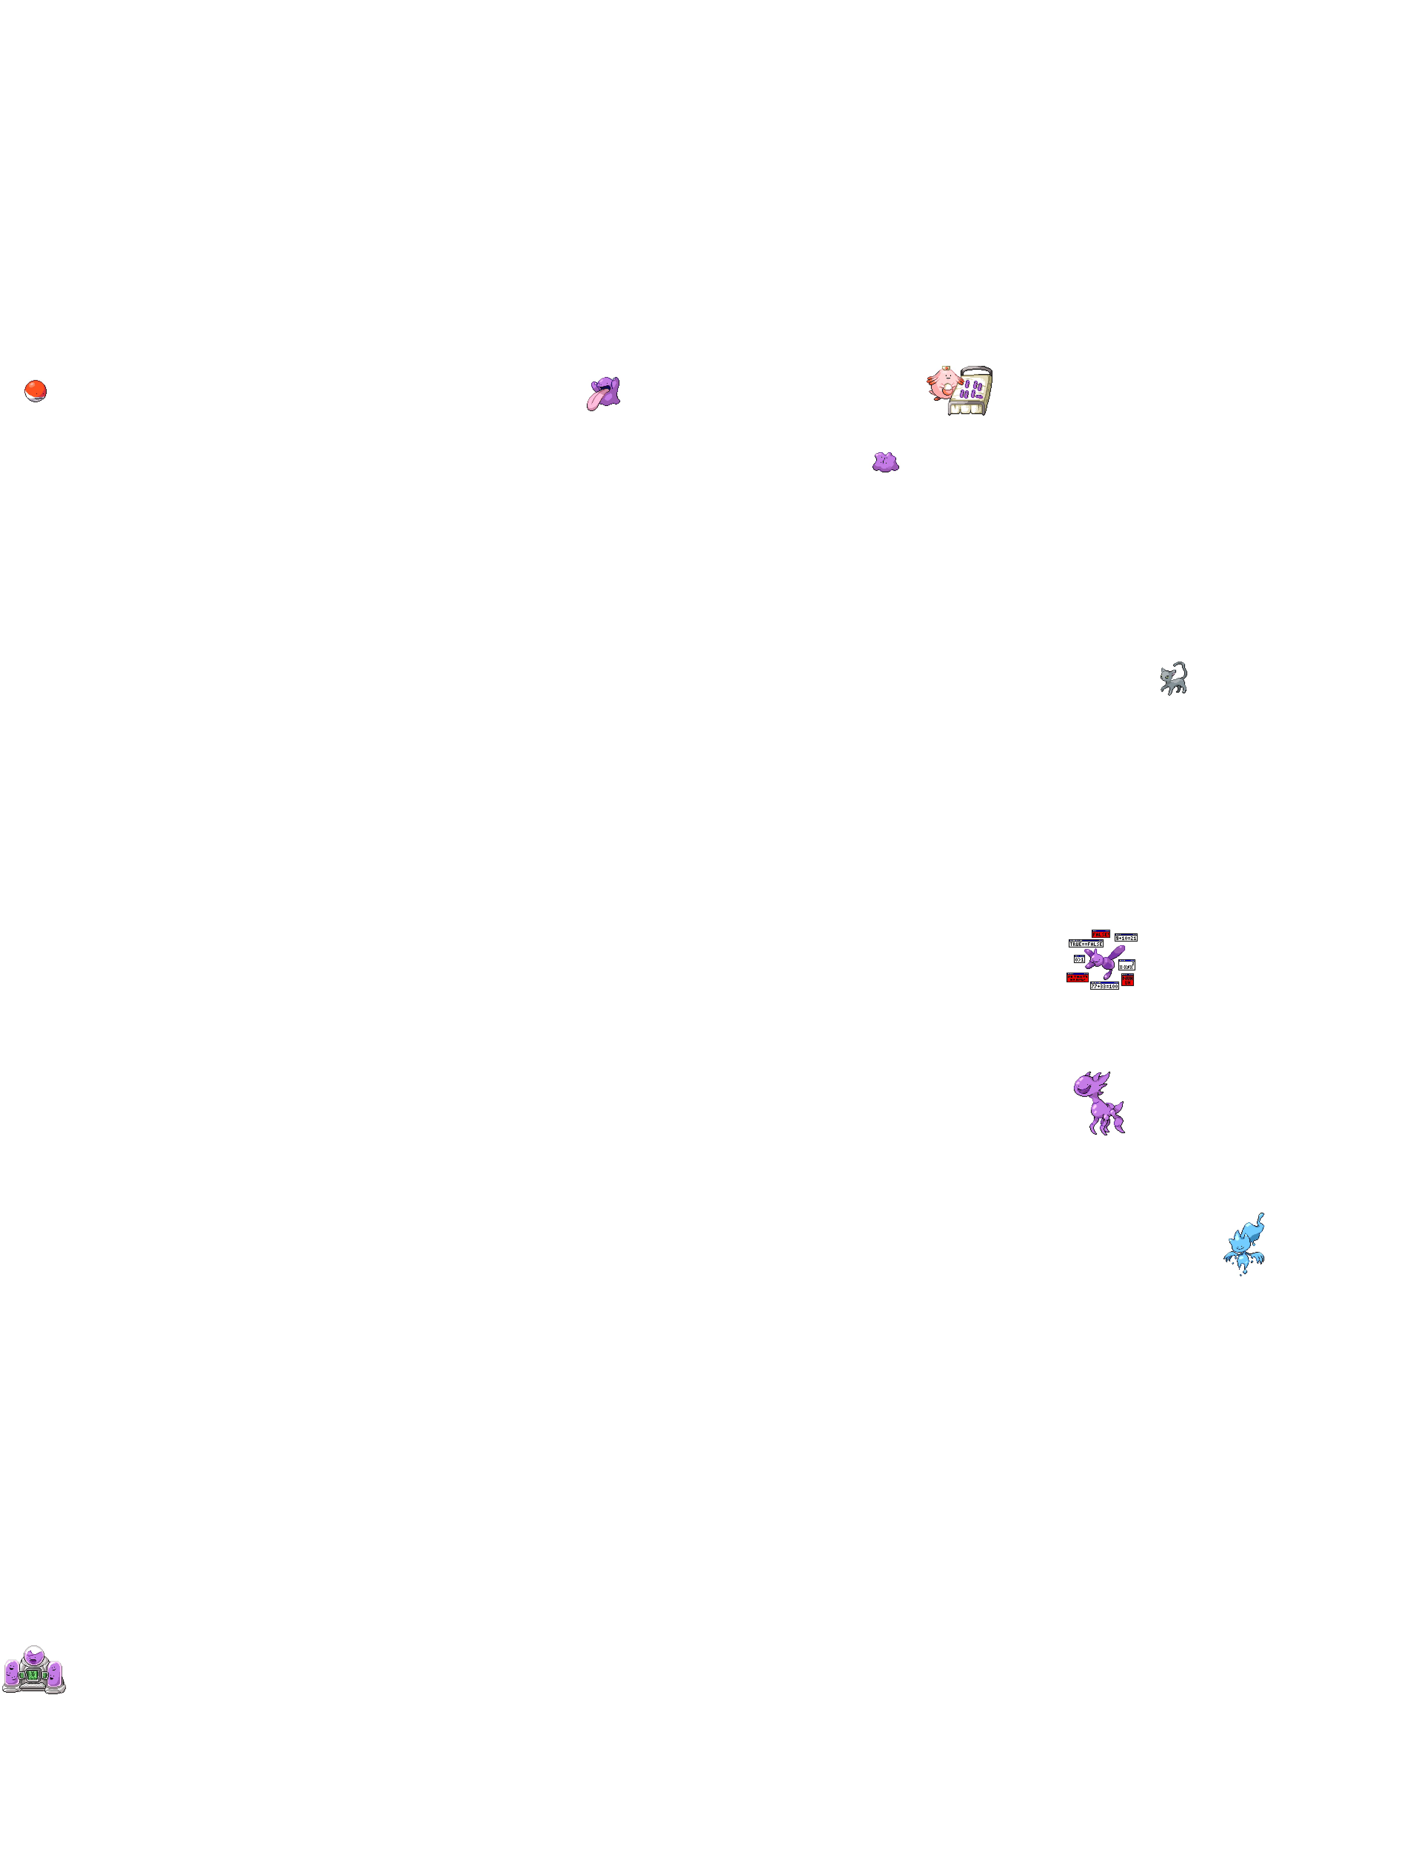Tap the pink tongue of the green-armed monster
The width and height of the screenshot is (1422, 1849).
point(596,400)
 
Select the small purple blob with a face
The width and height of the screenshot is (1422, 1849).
point(885,462)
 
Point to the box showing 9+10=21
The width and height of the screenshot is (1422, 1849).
point(1126,938)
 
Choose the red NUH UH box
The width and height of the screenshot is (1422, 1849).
point(1127,980)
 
